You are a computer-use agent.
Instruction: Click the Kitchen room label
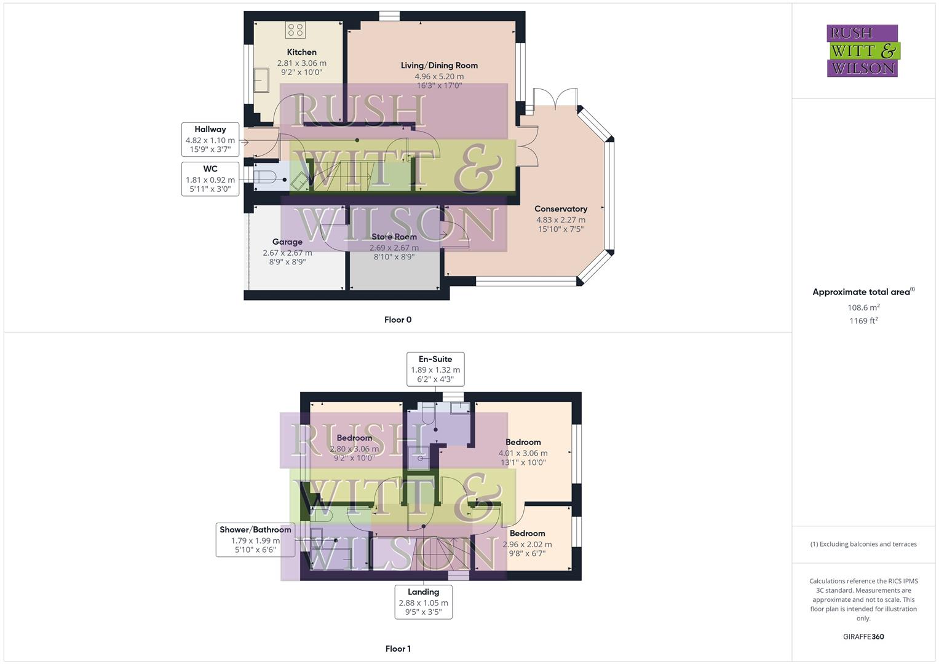click(x=301, y=52)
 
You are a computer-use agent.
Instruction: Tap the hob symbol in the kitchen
click(x=295, y=30)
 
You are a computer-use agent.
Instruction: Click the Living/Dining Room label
click(x=439, y=65)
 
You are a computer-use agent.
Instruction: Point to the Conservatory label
click(x=560, y=209)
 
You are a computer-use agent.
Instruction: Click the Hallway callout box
click(x=210, y=140)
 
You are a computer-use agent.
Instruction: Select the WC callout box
click(x=210, y=179)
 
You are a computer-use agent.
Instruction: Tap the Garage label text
click(x=287, y=242)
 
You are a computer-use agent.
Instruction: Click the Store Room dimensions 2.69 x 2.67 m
click(x=394, y=248)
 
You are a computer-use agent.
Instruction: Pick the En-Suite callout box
click(x=435, y=369)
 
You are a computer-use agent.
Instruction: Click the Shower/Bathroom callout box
click(x=255, y=540)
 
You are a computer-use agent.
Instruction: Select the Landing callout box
click(x=423, y=601)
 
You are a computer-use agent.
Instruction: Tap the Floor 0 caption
click(x=398, y=320)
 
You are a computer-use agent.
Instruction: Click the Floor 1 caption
click(x=398, y=649)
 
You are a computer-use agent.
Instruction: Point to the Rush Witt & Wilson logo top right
click(x=862, y=51)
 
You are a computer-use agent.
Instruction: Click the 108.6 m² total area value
click(x=863, y=307)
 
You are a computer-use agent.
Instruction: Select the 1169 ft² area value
click(x=863, y=321)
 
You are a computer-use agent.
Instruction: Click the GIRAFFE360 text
click(x=863, y=636)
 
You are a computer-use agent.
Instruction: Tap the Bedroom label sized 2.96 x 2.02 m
click(x=527, y=534)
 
